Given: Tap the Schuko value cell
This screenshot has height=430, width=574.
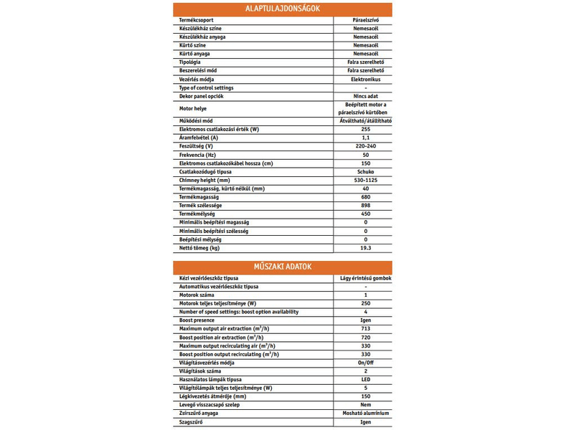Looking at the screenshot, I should [365, 173].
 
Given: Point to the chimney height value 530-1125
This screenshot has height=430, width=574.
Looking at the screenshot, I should [365, 181].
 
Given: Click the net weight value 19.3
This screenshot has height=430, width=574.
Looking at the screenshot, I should [365, 247].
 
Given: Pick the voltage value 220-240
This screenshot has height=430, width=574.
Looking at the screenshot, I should [365, 146].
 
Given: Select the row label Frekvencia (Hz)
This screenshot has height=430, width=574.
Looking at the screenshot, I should [197, 155].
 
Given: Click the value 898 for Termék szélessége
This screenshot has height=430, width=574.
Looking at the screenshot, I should [365, 206].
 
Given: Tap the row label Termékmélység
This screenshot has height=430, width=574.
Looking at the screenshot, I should [199, 214].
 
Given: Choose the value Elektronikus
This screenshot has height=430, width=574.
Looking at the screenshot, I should [365, 79].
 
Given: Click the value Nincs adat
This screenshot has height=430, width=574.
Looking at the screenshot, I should [365, 95].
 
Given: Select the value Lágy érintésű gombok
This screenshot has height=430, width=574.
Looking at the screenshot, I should [365, 278].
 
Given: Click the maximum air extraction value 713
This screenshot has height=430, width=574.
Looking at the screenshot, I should [365, 329].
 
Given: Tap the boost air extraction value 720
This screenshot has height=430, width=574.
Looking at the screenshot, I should [365, 337].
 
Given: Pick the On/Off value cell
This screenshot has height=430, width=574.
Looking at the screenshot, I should [365, 363].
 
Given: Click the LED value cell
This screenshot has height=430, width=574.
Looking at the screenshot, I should [365, 379].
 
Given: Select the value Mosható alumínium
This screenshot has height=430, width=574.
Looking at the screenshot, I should [365, 413].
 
